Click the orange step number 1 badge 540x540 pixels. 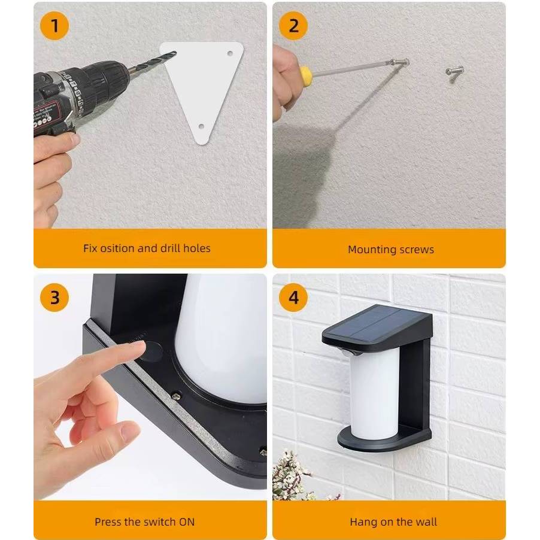pyautogui.click(x=54, y=26)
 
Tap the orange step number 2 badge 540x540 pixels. pyautogui.click(x=293, y=26)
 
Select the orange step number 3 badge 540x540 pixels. pyautogui.click(x=54, y=298)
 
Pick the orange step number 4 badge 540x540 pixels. pyautogui.click(x=293, y=298)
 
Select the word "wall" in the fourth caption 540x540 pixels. pyautogui.click(x=427, y=522)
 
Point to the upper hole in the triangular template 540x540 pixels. pyautogui.click(x=230, y=53)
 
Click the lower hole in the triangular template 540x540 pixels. pyautogui.click(x=202, y=127)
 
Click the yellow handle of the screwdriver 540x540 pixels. pyautogui.click(x=305, y=73)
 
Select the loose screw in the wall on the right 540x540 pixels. pyautogui.click(x=455, y=71)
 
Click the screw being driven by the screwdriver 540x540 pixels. pyautogui.click(x=399, y=63)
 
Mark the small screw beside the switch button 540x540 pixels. pyautogui.click(x=177, y=396)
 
